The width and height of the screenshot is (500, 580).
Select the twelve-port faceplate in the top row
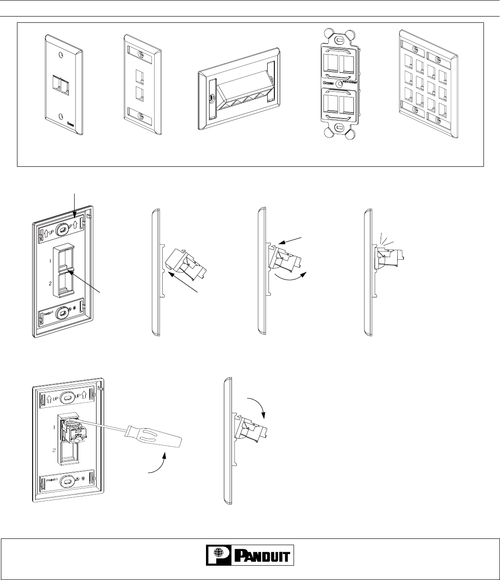[428, 85]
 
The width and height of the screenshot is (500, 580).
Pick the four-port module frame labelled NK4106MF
[338, 83]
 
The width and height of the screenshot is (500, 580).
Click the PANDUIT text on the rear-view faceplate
[49, 315]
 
